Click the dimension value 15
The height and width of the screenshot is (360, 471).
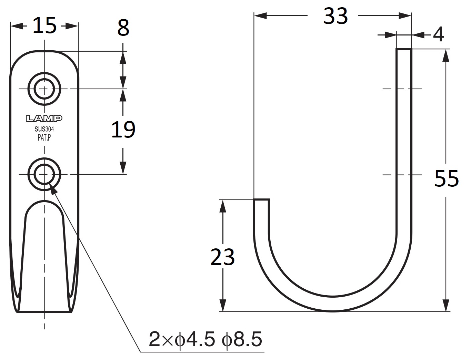(44, 26)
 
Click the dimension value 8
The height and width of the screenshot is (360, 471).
(123, 28)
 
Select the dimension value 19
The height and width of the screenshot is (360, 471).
(123, 130)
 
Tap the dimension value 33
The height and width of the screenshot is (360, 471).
(335, 16)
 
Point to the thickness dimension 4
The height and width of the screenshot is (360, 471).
(438, 34)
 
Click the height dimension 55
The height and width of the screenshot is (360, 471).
(446, 178)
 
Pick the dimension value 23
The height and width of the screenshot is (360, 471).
(222, 257)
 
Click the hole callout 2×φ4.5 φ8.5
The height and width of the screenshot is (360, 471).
(206, 339)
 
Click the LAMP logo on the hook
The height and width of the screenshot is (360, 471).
(44, 119)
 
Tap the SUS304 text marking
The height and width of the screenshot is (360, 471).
(44, 130)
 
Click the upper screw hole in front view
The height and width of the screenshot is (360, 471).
(44, 89)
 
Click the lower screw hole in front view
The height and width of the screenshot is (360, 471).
(44, 174)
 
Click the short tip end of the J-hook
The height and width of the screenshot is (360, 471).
(261, 200)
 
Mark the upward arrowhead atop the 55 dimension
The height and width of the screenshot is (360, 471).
(446, 55)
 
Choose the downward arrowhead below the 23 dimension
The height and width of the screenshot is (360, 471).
(223, 305)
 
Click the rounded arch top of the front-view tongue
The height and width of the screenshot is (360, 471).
(44, 203)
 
